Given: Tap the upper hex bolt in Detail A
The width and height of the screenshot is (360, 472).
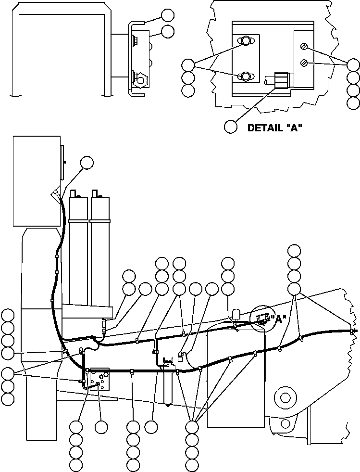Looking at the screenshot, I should [245, 41].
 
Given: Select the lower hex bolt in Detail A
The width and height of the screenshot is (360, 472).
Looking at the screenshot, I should [245, 76].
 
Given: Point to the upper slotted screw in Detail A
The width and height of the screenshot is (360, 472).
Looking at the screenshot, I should [303, 47].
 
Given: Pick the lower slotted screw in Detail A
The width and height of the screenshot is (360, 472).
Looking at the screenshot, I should [303, 62].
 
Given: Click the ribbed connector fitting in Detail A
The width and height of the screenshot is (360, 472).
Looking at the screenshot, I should [280, 79].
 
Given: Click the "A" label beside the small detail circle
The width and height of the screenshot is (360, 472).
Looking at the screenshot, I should [278, 319].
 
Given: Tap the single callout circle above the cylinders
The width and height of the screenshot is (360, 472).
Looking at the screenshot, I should [87, 163].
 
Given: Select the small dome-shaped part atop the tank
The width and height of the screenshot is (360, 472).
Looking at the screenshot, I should [236, 315].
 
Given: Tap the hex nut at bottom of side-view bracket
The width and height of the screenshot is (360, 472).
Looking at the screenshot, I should [140, 80].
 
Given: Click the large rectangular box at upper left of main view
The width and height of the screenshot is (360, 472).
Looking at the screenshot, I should [37, 180].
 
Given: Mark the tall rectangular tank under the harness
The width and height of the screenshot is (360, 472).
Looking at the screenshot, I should [236, 380].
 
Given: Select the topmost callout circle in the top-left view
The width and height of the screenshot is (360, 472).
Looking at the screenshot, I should [168, 15].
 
